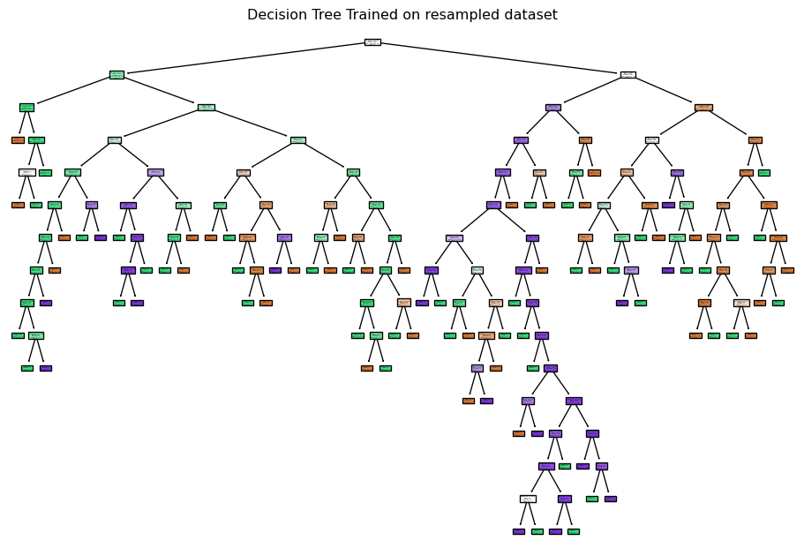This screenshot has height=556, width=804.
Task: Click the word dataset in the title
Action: [532, 15]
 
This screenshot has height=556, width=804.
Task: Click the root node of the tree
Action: [372, 42]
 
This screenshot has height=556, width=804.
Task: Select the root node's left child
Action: [116, 75]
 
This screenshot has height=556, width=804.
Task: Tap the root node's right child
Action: [627, 75]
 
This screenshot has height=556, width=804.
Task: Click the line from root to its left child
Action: [244, 58]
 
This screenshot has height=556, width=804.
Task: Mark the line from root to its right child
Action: [500, 58]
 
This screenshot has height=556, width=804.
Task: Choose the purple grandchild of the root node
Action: [553, 108]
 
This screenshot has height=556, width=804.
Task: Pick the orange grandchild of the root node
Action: [703, 108]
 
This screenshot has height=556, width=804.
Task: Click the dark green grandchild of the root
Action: [26, 108]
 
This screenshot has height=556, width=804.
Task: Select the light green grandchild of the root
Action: [206, 108]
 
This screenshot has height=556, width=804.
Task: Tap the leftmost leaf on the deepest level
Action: [518, 531]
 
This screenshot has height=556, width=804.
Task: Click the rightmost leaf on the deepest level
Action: [573, 531]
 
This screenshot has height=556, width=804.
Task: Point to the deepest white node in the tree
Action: [527, 499]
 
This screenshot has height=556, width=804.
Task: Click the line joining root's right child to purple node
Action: [590, 91]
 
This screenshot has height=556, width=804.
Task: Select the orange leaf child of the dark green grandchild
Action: [18, 139]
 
